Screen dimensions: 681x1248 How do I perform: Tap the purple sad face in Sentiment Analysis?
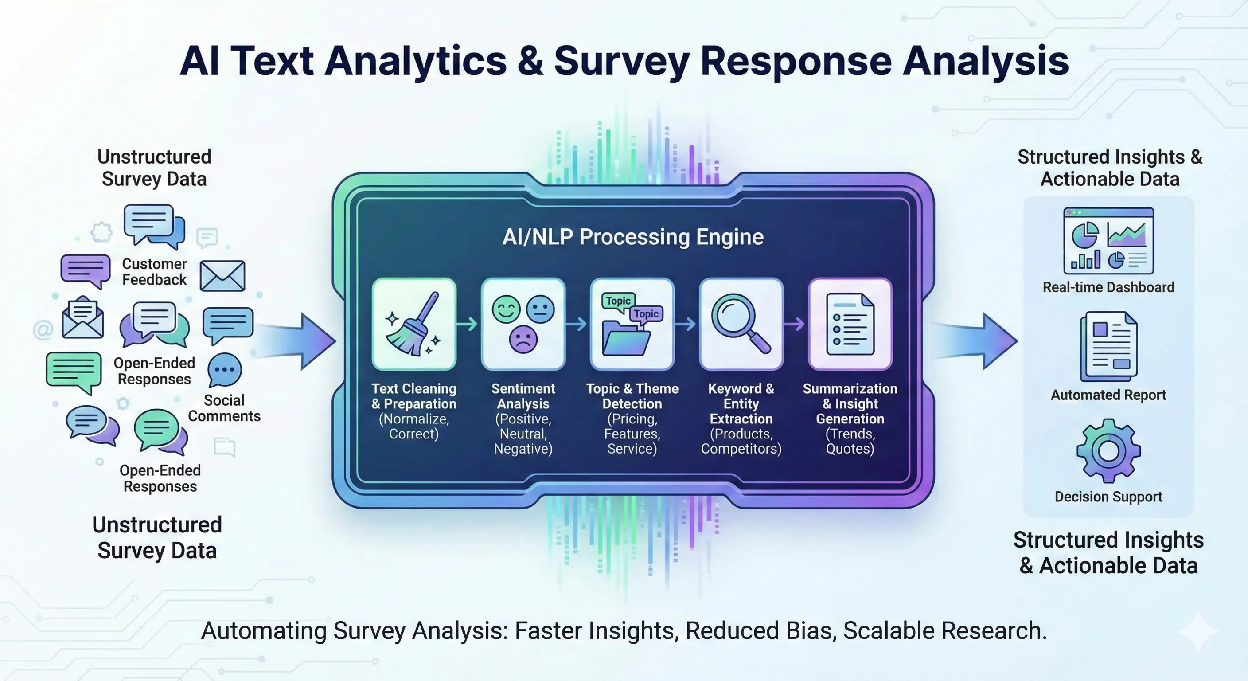523,339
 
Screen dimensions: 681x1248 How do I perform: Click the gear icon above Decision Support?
1108,451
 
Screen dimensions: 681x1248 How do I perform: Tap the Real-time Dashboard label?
1108,287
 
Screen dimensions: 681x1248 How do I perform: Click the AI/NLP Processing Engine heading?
633,237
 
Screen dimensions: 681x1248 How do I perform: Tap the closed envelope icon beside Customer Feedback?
222,276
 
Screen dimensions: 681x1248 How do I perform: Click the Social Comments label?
224,408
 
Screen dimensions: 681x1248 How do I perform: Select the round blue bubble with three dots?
225,370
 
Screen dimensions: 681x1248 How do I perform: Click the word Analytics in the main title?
416,62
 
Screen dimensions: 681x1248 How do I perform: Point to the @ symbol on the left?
43,330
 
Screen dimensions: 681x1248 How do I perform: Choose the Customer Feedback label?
154,271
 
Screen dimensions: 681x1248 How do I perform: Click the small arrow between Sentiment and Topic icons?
576,324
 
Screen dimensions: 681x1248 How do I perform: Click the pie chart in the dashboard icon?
1085,235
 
